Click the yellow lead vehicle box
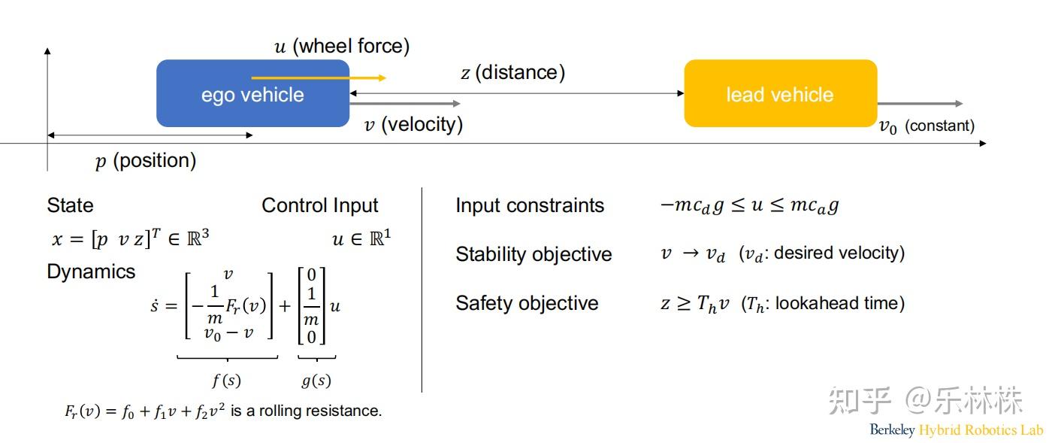tap(780, 94)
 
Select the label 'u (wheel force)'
tap(342, 47)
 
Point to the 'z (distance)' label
tap(512, 73)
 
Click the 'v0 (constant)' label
tap(927, 126)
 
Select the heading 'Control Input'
tap(320, 205)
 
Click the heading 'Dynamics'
tap(91, 272)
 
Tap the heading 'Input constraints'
tap(530, 205)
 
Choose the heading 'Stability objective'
tap(534, 254)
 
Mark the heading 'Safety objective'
tap(527, 303)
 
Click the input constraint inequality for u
tap(748, 205)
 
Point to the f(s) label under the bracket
tap(226, 381)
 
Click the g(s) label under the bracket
tap(316, 381)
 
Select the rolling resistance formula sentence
tap(223, 411)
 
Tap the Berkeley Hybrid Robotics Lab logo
tap(956, 430)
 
